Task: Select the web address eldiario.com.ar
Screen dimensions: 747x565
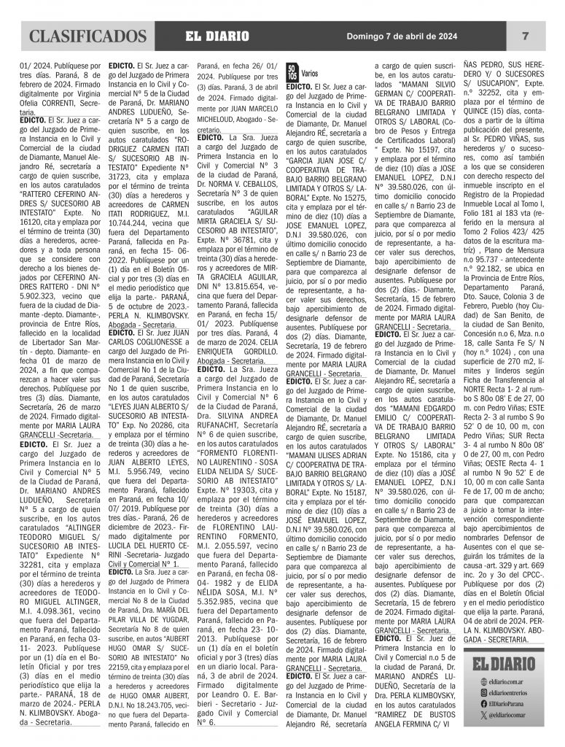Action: [507, 681]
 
